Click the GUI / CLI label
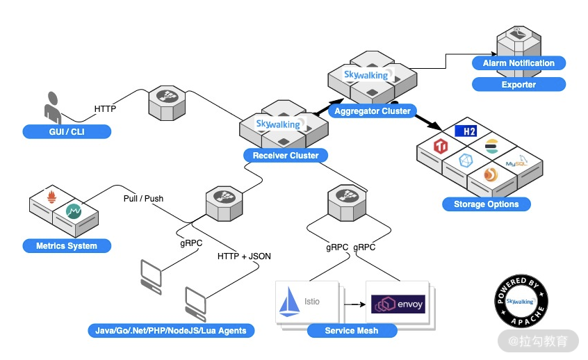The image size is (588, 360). point(67,131)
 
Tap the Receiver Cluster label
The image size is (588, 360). point(286,156)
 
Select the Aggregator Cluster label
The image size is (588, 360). point(373,111)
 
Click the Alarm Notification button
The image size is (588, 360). point(518,63)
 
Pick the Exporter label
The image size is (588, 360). point(518,85)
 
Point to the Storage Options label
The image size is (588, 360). point(487,204)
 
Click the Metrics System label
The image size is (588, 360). point(67,246)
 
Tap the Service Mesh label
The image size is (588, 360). point(352,331)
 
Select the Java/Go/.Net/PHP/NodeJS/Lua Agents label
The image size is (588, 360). point(171,331)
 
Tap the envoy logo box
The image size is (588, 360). point(398,304)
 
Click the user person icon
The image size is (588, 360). point(53,108)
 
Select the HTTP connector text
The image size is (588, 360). point(105,108)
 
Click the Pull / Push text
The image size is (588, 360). point(143,199)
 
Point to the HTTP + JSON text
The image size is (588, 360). point(244,256)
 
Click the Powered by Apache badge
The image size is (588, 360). point(523,302)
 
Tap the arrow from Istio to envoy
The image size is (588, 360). point(354,304)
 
